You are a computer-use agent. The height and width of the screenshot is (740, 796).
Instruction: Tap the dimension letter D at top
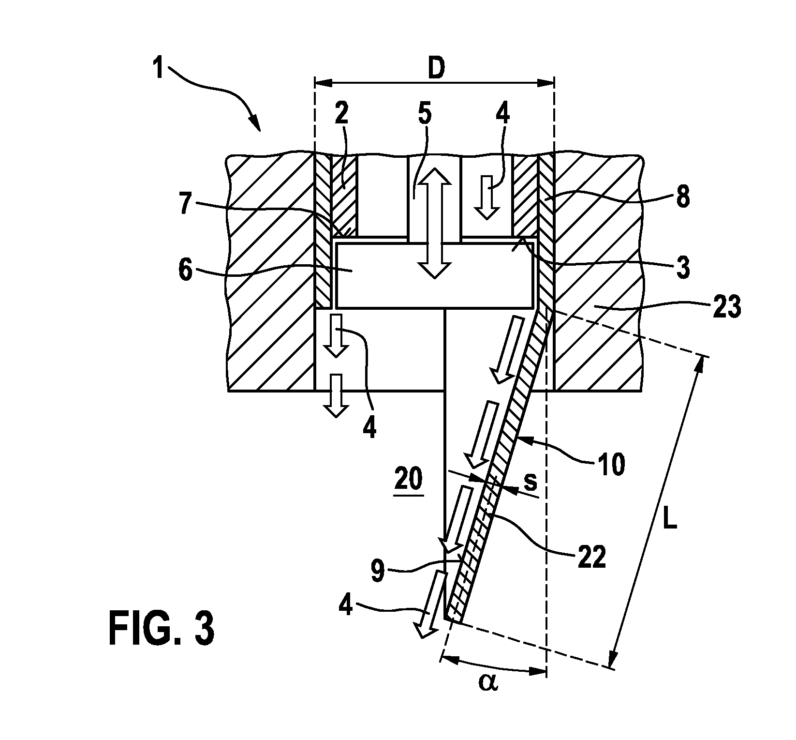click(x=436, y=70)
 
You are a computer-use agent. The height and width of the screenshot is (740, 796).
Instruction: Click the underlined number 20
click(x=409, y=481)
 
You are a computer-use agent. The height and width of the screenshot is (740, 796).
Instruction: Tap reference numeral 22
click(x=591, y=558)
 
